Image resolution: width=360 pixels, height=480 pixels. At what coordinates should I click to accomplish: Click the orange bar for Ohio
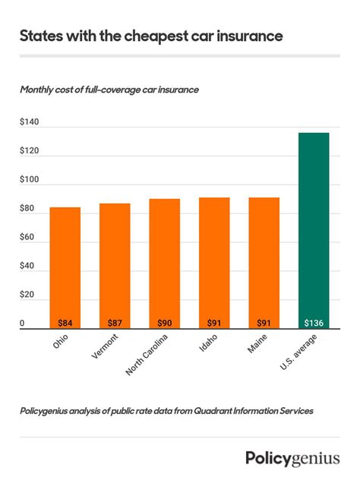click(65, 266)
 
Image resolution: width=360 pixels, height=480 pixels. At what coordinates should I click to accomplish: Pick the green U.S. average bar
click(313, 228)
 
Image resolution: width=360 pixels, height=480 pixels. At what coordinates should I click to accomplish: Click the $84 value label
click(65, 323)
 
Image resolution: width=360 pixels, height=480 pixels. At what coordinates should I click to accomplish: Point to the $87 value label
click(115, 323)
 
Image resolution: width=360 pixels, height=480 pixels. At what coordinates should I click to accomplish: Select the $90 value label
click(164, 323)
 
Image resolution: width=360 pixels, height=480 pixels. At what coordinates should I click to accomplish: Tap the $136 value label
click(313, 323)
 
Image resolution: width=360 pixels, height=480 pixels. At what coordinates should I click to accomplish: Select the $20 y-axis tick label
click(27, 295)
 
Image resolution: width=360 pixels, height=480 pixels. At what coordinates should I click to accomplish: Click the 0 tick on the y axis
click(22, 324)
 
